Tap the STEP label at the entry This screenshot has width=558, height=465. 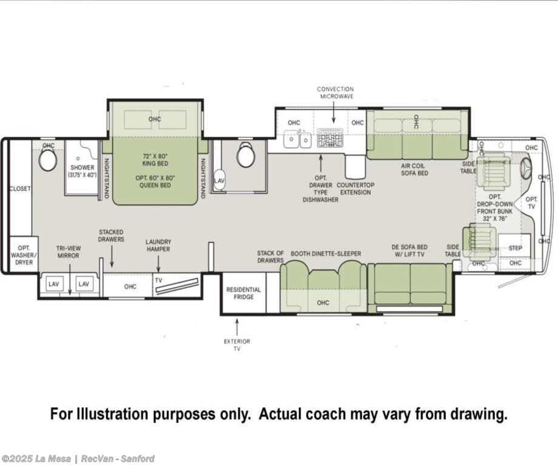[x=515, y=248]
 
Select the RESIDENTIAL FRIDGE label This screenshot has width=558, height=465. [x=243, y=293]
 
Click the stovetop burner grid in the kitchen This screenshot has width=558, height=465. [x=330, y=138]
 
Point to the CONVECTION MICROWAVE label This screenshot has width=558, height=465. [x=335, y=93]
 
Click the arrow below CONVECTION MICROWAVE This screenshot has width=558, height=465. [x=334, y=112]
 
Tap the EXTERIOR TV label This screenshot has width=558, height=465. [x=237, y=345]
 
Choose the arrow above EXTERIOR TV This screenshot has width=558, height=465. [x=237, y=327]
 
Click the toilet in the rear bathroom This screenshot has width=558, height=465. [x=48, y=159]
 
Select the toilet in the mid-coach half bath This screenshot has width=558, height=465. [x=246, y=155]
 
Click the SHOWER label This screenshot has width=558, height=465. [x=82, y=167]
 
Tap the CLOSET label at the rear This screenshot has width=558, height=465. [x=20, y=189]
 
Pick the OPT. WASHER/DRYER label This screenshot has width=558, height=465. [x=24, y=255]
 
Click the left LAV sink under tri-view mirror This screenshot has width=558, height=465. [x=54, y=284]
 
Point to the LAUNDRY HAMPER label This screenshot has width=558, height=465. [x=158, y=246]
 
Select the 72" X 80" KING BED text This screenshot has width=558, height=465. [x=155, y=159]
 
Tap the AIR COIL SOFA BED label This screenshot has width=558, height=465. [x=415, y=169]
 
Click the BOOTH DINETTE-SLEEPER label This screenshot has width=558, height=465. [x=326, y=253]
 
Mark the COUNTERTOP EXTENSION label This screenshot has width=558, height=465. [x=355, y=189]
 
